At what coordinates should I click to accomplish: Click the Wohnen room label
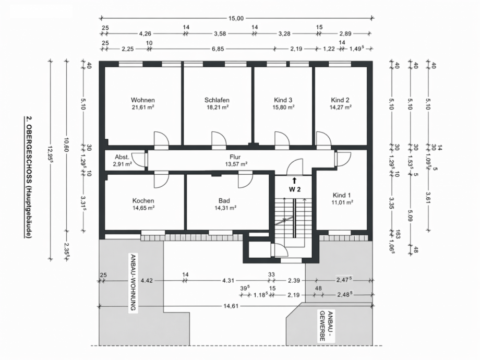click(x=143, y=100)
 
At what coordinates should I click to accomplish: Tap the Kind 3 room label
click(x=283, y=100)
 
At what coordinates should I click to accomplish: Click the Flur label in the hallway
click(x=234, y=157)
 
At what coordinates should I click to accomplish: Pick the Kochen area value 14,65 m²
click(x=143, y=208)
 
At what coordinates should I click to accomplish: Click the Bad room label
click(x=224, y=200)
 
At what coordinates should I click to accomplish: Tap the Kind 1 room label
click(x=342, y=195)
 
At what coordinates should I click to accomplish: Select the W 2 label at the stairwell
click(x=295, y=189)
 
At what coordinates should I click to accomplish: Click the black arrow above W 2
click(x=295, y=180)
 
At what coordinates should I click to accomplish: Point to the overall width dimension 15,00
click(x=236, y=19)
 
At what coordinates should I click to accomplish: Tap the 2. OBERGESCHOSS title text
click(x=29, y=177)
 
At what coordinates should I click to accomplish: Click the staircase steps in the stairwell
click(x=284, y=214)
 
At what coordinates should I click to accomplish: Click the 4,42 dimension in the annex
click(x=147, y=280)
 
